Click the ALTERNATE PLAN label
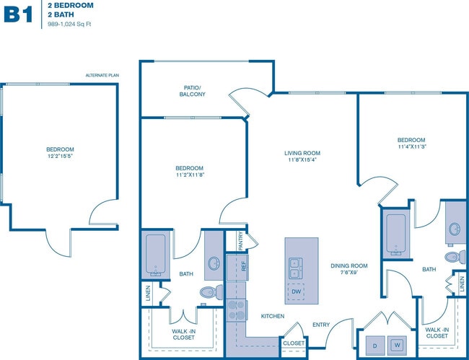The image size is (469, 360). click(101, 76)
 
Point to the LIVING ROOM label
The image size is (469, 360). click(302, 153)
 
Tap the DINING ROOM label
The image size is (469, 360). click(349, 265)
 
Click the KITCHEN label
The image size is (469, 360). click(272, 316)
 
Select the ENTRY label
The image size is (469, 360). click(320, 325)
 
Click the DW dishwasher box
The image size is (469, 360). click(296, 291)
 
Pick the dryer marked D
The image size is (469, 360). click(375, 345)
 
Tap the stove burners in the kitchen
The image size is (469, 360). click(237, 311)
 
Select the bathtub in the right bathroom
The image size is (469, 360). click(396, 234)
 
